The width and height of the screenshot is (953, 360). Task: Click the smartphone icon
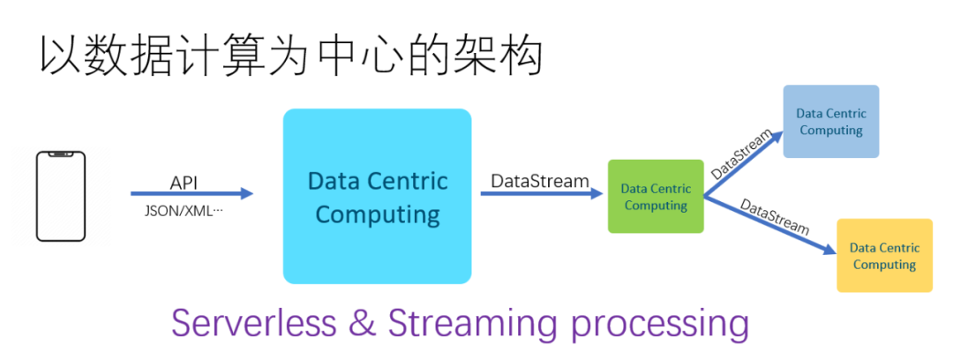pyautogui.click(x=61, y=196)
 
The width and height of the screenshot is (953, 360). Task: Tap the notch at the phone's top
pyautogui.click(x=61, y=156)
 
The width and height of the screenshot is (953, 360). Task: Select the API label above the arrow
pyautogui.click(x=184, y=183)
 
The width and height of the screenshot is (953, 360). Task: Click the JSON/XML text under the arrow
pyautogui.click(x=184, y=212)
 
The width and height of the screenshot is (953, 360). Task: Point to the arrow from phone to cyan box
pyautogui.click(x=191, y=194)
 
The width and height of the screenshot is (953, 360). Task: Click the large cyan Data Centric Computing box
pyautogui.click(x=377, y=196)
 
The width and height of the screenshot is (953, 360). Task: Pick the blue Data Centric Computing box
pyautogui.click(x=830, y=122)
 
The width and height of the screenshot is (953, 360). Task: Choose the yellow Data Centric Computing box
pyautogui.click(x=884, y=256)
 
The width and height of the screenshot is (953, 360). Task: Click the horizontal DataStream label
pyautogui.click(x=540, y=181)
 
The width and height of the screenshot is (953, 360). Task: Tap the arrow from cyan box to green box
pyautogui.click(x=542, y=194)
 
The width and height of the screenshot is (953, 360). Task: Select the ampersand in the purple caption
pyautogui.click(x=362, y=323)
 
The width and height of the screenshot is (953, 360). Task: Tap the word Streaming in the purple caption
pyautogui.click(x=474, y=325)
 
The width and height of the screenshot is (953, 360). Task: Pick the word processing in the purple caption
pyautogui.click(x=660, y=325)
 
